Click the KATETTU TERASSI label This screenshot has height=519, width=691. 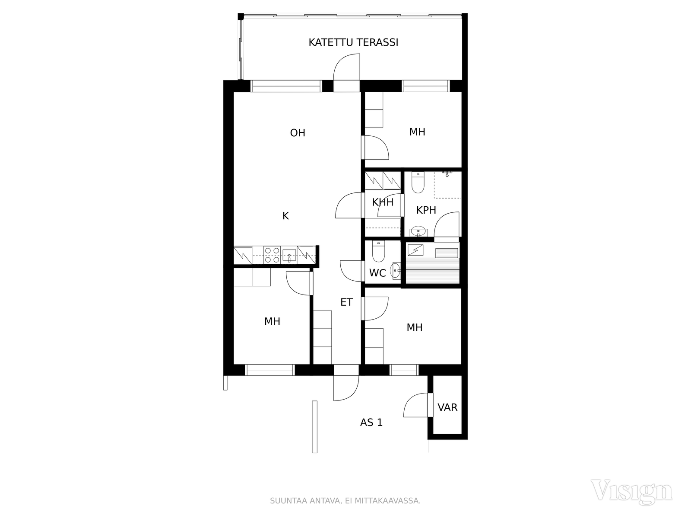(353, 42)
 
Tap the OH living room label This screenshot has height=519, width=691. (298, 133)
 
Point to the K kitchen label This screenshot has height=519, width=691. (285, 216)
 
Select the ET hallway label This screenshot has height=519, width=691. (346, 302)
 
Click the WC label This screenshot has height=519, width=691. (377, 273)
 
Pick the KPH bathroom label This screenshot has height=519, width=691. (426, 210)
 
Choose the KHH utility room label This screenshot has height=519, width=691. (383, 202)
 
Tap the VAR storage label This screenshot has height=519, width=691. (447, 407)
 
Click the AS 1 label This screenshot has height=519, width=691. (371, 422)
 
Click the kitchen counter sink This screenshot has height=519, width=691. (289, 256)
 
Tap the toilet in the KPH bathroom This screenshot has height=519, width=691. (418, 183)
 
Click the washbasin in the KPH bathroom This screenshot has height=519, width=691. (418, 231)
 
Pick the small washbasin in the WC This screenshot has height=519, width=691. (396, 270)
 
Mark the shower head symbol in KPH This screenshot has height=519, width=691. (447, 173)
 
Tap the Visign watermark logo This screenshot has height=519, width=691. (631, 492)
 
